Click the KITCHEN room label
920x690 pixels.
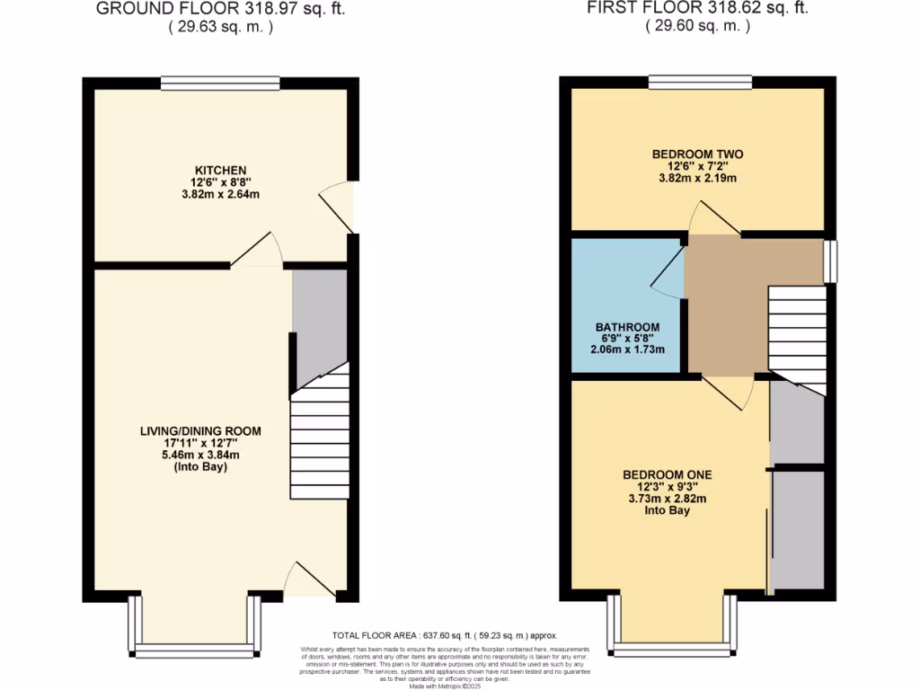[220, 170]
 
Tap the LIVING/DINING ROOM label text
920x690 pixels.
[200, 431]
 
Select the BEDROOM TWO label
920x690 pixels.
[697, 155]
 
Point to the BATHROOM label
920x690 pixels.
[627, 327]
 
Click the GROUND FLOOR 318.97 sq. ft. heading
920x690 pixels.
[220, 9]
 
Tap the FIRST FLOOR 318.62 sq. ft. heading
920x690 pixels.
[697, 9]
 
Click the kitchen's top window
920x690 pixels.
[220, 84]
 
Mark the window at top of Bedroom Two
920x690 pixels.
[700, 83]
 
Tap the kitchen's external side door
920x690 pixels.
[341, 207]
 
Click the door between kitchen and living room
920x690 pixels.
[259, 252]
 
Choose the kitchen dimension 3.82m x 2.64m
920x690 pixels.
[220, 194]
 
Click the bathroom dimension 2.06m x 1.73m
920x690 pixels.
[627, 349]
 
